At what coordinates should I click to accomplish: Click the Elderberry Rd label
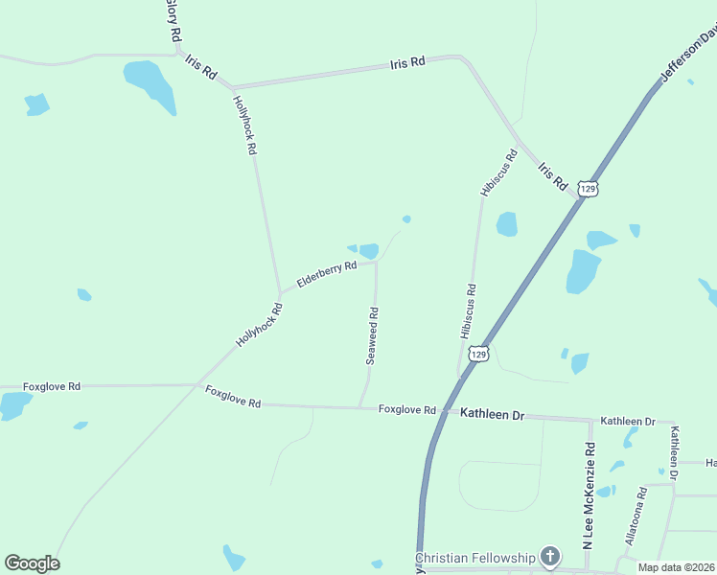pyautogui.click(x=327, y=274)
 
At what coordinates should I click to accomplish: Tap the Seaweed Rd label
pyautogui.click(x=373, y=335)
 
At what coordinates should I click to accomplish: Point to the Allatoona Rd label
pyautogui.click(x=636, y=516)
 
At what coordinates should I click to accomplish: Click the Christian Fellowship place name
pyautogui.click(x=475, y=558)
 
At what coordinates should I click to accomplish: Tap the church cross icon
pyautogui.click(x=550, y=556)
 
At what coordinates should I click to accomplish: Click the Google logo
pyautogui.click(x=32, y=563)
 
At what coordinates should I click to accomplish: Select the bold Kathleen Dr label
pyautogui.click(x=493, y=414)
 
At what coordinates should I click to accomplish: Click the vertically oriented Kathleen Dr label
pyautogui.click(x=675, y=453)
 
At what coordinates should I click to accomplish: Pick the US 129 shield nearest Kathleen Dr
pyautogui.click(x=479, y=355)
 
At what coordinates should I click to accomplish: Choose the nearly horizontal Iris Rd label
pyautogui.click(x=407, y=63)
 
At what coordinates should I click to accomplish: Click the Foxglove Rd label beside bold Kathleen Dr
pyautogui.click(x=407, y=409)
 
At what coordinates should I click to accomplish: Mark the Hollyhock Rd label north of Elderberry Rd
pyautogui.click(x=245, y=125)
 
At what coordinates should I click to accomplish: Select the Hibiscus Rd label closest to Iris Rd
pyautogui.click(x=499, y=172)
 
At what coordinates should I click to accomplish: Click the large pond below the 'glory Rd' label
pyautogui.click(x=150, y=84)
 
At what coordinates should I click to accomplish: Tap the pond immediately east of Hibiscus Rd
pyautogui.click(x=506, y=224)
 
